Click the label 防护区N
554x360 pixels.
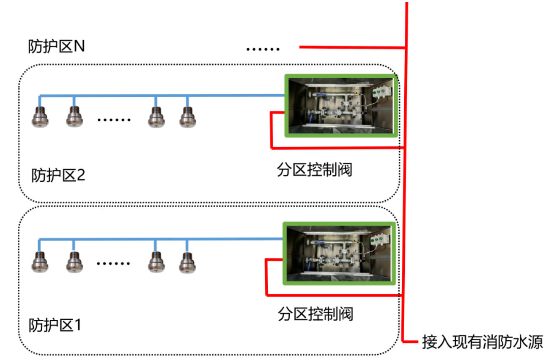56,46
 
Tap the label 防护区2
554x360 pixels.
58,175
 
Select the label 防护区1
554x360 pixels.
56,325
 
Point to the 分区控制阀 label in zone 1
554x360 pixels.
315,314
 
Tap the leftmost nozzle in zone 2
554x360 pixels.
40,116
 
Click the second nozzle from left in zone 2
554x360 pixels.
74,116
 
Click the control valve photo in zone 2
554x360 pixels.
341,106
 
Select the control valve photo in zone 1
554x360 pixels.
340,253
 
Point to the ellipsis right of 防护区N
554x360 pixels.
263,49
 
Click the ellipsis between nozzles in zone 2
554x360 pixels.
114,120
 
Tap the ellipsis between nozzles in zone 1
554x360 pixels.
113,264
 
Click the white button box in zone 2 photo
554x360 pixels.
382,92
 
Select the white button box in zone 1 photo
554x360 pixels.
379,240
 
